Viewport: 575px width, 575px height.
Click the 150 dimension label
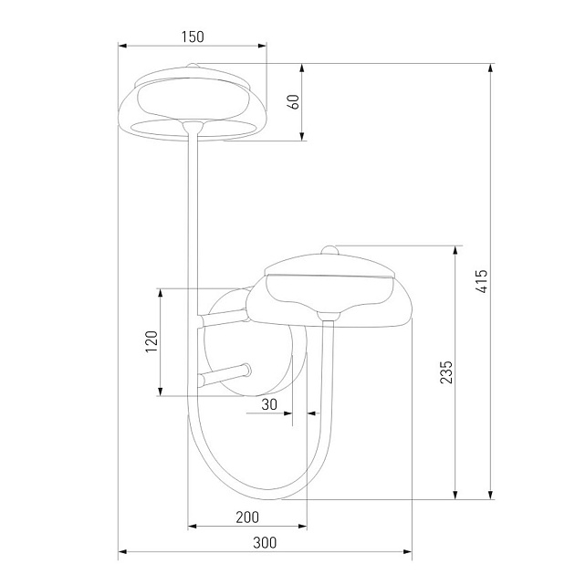(x=193, y=37)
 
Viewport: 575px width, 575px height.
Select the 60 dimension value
(x=294, y=100)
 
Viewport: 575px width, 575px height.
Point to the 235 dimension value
(x=445, y=372)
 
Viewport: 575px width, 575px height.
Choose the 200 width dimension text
(x=246, y=517)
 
